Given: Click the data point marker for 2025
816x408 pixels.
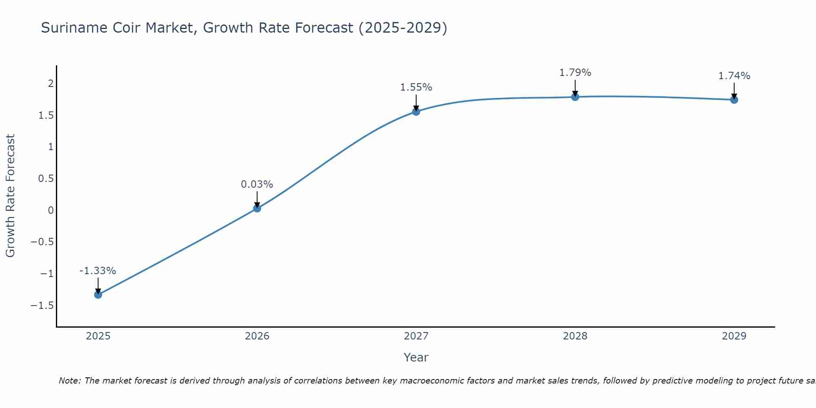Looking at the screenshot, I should tap(98, 295).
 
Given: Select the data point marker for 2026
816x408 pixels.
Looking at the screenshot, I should tap(257, 208).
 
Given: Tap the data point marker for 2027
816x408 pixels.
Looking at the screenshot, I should tap(416, 111).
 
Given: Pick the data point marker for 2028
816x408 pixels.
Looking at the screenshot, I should tap(575, 97).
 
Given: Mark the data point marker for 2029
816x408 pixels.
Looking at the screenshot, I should tap(734, 100).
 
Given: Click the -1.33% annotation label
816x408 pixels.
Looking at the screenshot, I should tap(98, 271).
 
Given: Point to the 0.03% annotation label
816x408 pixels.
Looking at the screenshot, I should tap(257, 184).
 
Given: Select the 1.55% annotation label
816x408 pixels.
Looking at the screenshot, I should tap(416, 87).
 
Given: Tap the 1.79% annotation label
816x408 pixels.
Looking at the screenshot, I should tap(575, 73).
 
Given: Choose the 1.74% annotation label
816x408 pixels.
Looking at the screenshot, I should tap(734, 76).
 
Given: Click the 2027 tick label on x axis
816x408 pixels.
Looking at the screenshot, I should tap(416, 336).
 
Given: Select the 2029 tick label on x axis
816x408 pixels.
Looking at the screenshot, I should tap(734, 336).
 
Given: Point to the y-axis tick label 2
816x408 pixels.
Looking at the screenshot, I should tap(51, 84).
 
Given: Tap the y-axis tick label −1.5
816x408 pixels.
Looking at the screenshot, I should tap(42, 306).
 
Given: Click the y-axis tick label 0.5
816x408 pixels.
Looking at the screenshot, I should tap(46, 179).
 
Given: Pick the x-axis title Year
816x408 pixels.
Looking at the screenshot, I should tap(416, 358).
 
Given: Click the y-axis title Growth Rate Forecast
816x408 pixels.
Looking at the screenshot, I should tap(10, 196).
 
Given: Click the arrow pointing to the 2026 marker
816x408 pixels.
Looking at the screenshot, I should tap(257, 199).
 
